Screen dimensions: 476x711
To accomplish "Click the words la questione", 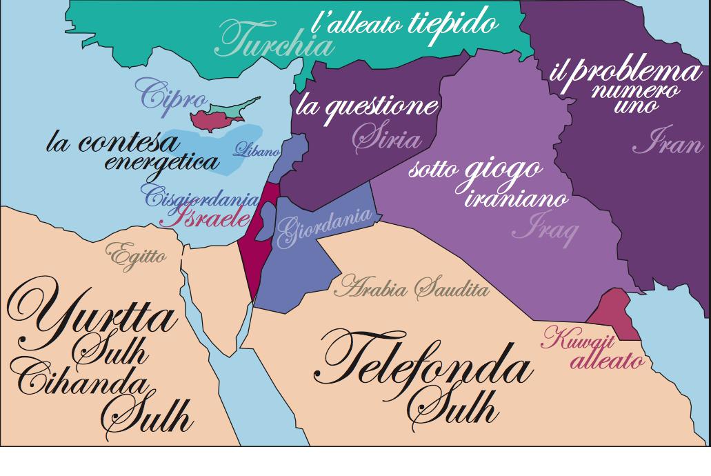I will pos(366,106).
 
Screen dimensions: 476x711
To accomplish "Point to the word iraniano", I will pos(516,199).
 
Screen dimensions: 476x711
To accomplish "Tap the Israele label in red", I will pos(204,219).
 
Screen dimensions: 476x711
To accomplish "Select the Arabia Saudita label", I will pos(411,287).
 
